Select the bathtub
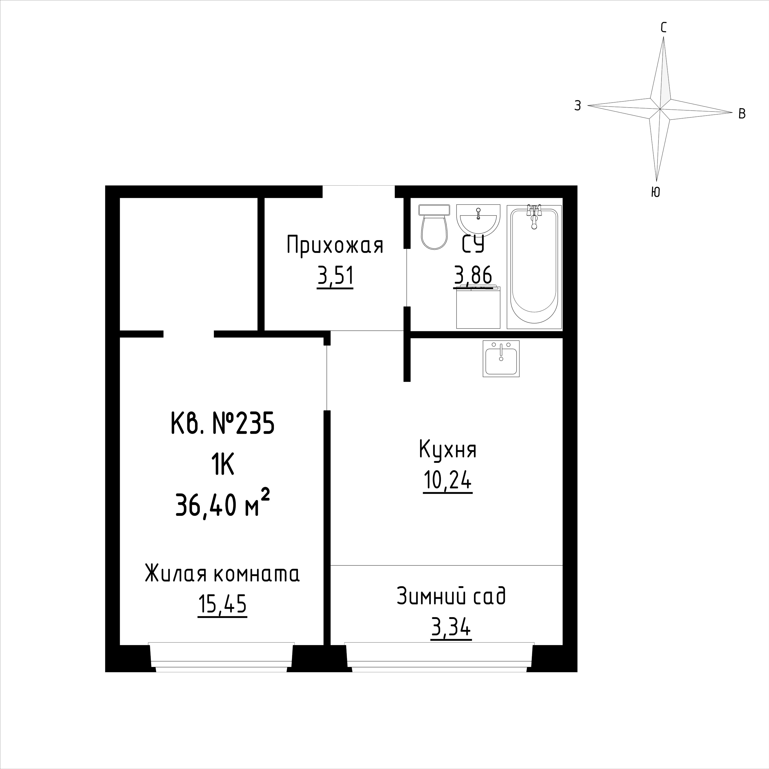click(534, 267)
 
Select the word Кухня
click(448, 450)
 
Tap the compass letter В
click(742, 114)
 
